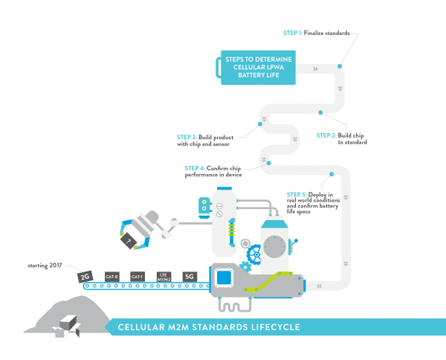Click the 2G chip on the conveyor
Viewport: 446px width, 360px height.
tap(85, 277)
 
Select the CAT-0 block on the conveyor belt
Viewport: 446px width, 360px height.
tap(112, 276)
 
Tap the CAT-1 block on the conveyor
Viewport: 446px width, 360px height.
tap(138, 276)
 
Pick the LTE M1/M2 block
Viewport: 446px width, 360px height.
tap(164, 276)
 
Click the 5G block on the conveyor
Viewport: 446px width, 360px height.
tap(190, 276)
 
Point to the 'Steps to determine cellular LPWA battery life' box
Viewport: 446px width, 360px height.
tap(257, 68)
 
